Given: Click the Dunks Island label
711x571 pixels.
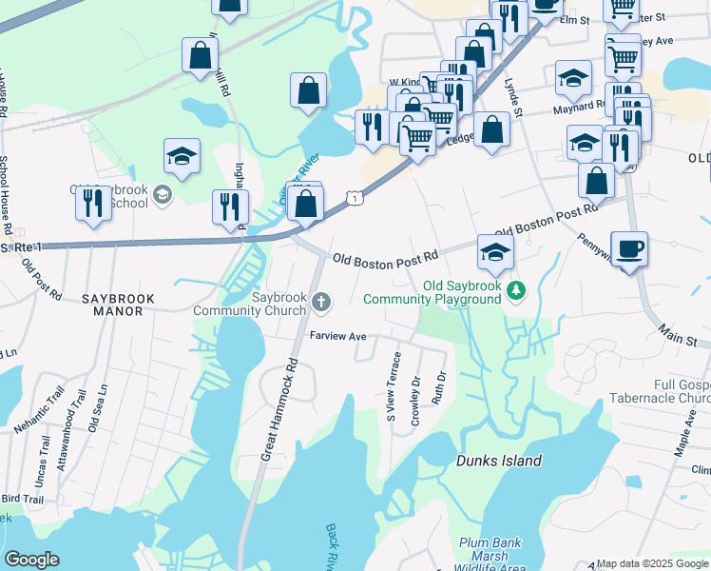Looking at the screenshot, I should pyautogui.click(x=499, y=461).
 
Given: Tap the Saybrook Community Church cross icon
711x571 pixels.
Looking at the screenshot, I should pyautogui.click(x=321, y=304).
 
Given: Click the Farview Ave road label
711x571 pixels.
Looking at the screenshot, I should pyautogui.click(x=338, y=337).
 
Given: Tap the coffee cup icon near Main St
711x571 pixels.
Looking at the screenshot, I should pyautogui.click(x=629, y=249).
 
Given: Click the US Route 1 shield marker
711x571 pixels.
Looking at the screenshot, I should pyautogui.click(x=354, y=197).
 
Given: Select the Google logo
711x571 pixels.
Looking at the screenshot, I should pyautogui.click(x=31, y=560).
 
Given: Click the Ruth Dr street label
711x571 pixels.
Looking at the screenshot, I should pyautogui.click(x=438, y=387).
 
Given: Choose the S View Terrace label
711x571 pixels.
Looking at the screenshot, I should pyautogui.click(x=394, y=386).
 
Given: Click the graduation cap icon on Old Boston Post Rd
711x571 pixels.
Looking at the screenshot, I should pyautogui.click(x=496, y=251).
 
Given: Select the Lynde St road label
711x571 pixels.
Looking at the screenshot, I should pyautogui.click(x=514, y=97).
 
